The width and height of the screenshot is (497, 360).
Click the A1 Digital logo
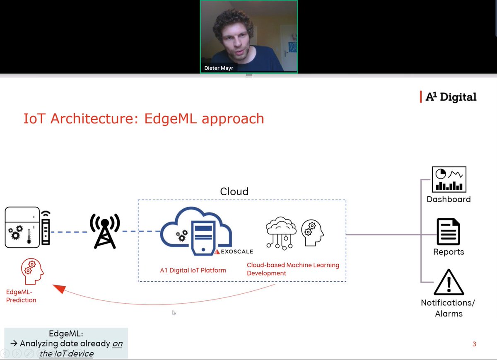448,97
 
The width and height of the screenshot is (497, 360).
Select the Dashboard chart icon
449,179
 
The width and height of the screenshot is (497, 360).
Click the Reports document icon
449,232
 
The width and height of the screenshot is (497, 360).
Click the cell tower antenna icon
105,231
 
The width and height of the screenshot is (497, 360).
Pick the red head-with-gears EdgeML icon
32,271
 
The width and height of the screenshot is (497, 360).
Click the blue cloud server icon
196,231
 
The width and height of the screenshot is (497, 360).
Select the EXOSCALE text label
236,251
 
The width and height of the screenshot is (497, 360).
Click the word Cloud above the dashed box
234,191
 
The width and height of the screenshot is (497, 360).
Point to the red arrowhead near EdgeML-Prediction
59,288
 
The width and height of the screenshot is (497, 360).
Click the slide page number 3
474,344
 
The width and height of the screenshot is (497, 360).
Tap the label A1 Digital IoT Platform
193,271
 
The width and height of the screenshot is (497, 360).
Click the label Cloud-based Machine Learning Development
293,269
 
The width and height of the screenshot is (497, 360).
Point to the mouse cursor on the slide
174,313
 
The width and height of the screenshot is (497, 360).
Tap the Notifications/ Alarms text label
448,308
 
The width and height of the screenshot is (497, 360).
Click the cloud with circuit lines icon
281,232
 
